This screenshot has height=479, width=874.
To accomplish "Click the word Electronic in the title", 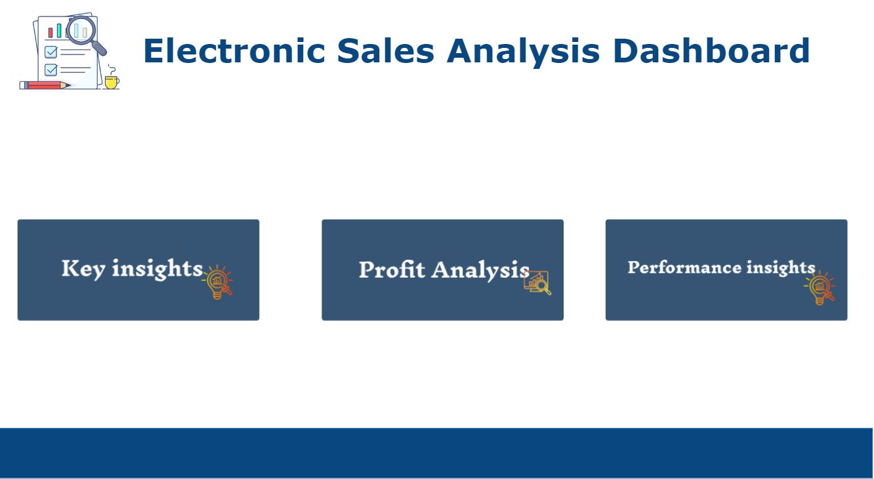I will pos(233,51).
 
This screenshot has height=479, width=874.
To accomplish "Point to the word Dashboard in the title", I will pos(711,51).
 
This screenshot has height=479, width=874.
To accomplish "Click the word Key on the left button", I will pos(83,268).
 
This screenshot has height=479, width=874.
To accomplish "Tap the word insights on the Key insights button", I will pos(157,268).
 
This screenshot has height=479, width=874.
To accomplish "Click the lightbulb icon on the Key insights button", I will pos(217,282).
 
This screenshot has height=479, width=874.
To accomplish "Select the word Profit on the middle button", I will pos(391,270).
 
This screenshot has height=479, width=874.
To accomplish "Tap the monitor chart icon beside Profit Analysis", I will pos(537,282).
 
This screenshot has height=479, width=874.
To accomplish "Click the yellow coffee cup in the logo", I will pos(112,81).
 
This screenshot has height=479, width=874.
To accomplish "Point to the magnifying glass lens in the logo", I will pos(81,30).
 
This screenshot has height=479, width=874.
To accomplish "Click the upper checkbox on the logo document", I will pos(51,52).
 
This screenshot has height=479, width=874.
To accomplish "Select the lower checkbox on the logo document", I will pos(51,70).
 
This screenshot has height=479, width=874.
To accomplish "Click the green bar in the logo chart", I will pos(58,31).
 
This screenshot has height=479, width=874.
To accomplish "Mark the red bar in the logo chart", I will pos(51,33).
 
